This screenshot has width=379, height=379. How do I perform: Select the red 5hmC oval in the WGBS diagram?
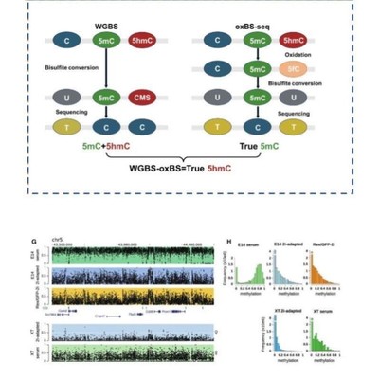pyautogui.click(x=144, y=42)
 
